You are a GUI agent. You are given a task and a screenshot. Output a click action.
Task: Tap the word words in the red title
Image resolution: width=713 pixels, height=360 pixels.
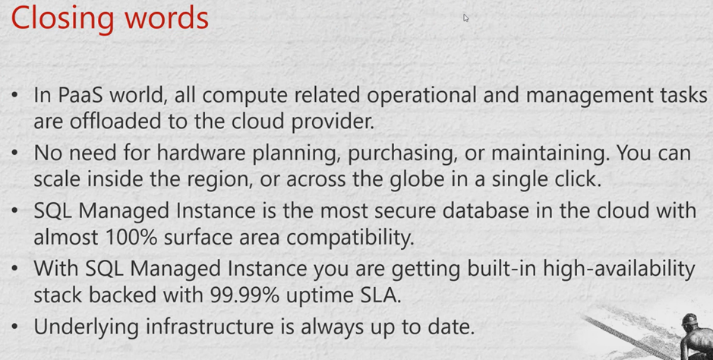pos(162,17)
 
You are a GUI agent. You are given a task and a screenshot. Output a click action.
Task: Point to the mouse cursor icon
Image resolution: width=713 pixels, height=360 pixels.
pos(465,17)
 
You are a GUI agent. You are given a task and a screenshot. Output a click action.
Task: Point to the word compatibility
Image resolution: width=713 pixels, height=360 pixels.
pos(350,238)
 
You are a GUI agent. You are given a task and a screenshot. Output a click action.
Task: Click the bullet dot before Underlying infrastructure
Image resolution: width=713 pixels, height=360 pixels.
pos(15,327)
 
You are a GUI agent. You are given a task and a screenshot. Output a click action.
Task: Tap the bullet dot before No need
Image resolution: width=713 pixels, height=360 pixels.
pos(15,153)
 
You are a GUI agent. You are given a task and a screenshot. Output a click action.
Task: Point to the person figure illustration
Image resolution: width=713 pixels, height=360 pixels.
pos(696,336)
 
